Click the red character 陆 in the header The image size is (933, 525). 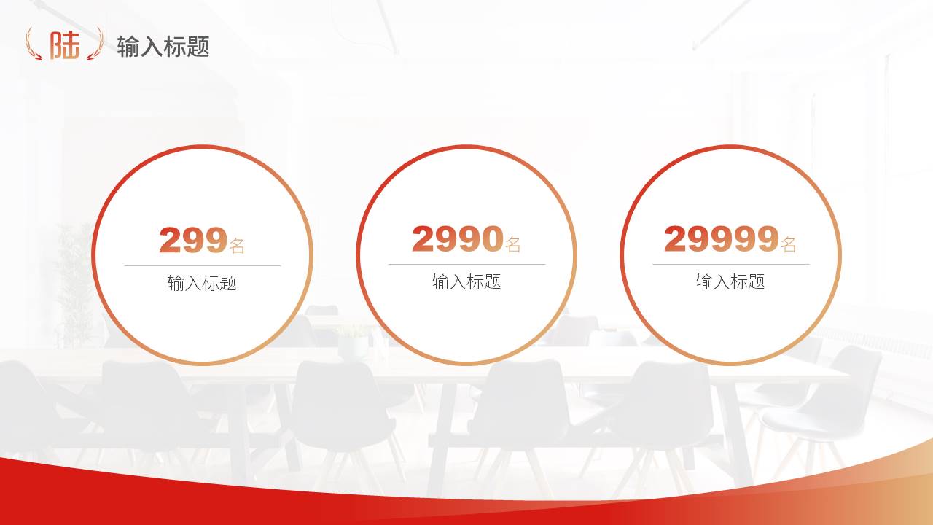click(65, 44)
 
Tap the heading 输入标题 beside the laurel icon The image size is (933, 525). click(163, 46)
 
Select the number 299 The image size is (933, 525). click(193, 241)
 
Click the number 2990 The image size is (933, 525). click(458, 238)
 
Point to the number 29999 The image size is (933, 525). click(722, 238)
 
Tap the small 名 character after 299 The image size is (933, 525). click(237, 246)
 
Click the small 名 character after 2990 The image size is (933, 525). click(513, 244)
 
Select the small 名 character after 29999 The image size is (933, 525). click(789, 244)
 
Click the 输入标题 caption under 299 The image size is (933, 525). click(202, 283)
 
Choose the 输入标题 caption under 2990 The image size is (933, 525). click(466, 281)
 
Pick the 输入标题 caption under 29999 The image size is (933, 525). click(730, 281)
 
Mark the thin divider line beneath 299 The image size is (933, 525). click(203, 265)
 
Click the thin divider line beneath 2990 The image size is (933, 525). click(467, 264)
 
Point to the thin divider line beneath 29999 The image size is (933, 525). click(731, 264)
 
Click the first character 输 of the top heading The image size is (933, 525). click(128, 46)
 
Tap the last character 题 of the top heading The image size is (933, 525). click(198, 46)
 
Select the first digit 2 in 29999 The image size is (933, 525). click(675, 238)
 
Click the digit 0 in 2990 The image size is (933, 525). click(493, 238)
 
